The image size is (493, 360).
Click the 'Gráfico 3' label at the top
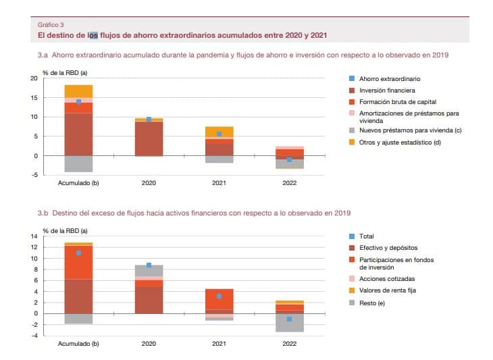click(51, 25)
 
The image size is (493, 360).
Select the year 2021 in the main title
click(319, 35)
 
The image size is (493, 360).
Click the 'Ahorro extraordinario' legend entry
click(390, 79)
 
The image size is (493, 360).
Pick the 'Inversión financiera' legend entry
click(387, 91)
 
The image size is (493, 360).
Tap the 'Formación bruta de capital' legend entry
click(398, 102)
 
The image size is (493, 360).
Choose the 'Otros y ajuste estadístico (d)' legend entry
click(400, 143)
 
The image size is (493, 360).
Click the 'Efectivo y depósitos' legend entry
click(388, 248)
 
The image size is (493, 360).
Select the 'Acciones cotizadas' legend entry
click(387, 279)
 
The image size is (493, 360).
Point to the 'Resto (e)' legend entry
click(372, 303)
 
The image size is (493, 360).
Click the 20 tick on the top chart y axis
click(34, 78)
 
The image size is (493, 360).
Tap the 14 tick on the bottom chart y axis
click(34, 236)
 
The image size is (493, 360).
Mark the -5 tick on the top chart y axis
click(34, 175)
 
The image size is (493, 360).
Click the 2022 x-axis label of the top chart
click(289, 183)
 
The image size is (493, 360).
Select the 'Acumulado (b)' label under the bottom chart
click(78, 344)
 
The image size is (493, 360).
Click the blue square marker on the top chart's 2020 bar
click(149, 120)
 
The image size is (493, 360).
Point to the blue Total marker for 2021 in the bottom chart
click(219, 297)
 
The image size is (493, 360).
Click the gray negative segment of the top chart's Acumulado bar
click(78, 164)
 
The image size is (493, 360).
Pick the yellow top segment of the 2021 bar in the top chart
click(219, 132)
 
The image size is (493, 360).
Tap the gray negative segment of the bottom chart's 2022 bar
click(290, 323)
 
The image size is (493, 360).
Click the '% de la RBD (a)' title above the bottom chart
click(65, 231)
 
